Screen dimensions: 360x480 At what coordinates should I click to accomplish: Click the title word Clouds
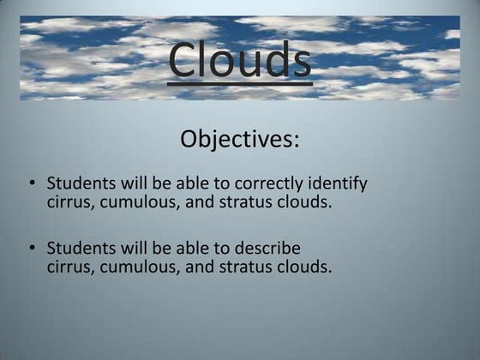239,58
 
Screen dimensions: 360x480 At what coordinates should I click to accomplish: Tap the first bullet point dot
32,183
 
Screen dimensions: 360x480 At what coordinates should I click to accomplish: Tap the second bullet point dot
32,249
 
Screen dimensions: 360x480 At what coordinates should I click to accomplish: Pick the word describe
267,249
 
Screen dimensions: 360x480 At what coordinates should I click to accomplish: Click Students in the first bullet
80,183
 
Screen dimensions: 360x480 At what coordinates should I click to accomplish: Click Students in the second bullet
80,249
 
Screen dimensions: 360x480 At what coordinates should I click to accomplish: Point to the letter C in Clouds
183,58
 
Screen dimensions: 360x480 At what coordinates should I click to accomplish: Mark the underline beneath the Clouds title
239,83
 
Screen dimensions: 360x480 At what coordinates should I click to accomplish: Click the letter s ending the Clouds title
298,62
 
